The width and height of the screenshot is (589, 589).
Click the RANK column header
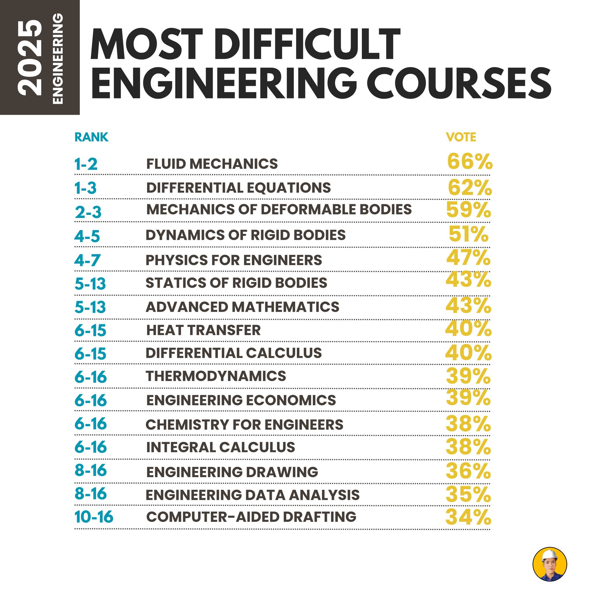coord(91,137)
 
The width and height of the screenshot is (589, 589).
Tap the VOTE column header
coord(461,137)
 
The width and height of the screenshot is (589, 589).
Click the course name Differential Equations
coord(238,188)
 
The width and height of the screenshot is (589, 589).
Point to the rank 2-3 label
coord(88,212)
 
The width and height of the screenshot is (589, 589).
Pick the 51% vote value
coord(468,234)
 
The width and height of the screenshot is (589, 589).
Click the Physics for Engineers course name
coord(234,260)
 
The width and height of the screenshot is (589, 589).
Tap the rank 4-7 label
coord(87,260)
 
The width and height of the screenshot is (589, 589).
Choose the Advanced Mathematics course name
coord(242,307)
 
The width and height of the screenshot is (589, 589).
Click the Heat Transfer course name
coord(203,330)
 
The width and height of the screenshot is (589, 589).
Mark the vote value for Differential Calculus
coord(468,352)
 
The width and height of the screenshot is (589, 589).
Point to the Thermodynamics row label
coord(216,376)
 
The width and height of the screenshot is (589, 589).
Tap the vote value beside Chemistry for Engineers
coord(468,424)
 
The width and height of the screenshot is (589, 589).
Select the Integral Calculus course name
coord(221,447)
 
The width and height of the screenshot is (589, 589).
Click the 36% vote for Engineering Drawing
coord(468,471)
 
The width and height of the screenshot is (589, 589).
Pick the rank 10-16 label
coord(94,517)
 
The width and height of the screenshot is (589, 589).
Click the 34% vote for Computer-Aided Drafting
coord(468,517)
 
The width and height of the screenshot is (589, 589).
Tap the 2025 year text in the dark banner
coord(30,58)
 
